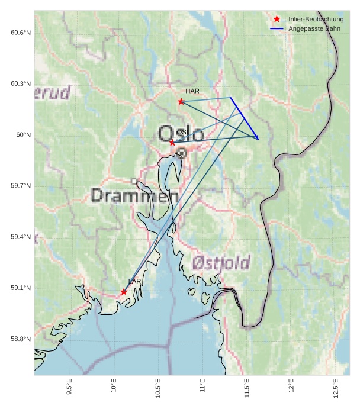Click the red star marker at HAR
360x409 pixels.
[181, 101]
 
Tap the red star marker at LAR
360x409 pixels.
[124, 292]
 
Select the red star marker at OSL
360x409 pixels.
[172, 143]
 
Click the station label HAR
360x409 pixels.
[192, 91]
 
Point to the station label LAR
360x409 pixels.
[134, 281]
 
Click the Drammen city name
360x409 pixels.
[135, 195]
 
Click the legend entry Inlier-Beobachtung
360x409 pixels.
[316, 20]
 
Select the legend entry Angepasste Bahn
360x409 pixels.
[314, 28]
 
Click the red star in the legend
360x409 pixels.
[277, 19]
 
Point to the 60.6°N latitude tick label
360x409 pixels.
[20, 33]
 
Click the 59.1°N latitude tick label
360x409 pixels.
[20, 288]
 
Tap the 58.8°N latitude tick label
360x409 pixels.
[20, 339]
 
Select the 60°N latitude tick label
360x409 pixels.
[23, 135]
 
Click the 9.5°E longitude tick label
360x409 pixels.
[69, 388]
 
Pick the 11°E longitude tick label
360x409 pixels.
[202, 388]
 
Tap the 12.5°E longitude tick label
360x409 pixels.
[336, 388]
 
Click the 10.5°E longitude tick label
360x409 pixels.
[158, 388]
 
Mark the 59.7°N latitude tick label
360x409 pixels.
[20, 186]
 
